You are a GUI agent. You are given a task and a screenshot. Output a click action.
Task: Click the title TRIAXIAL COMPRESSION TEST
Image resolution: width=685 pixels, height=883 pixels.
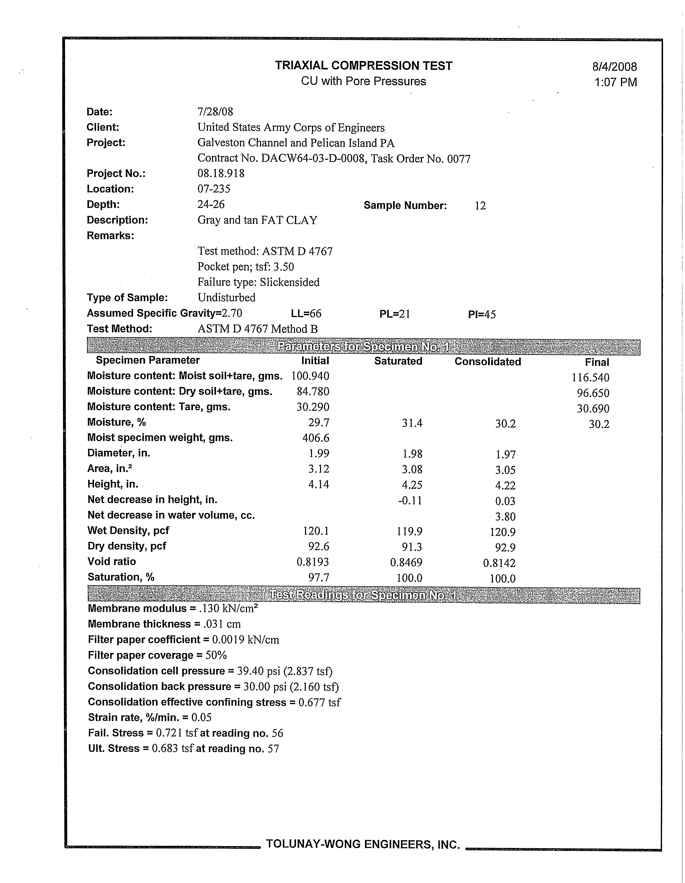click(364, 66)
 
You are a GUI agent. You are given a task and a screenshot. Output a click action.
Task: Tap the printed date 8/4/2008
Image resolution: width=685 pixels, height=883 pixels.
click(614, 67)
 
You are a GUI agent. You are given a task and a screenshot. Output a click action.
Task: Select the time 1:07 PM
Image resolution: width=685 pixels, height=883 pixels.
click(615, 82)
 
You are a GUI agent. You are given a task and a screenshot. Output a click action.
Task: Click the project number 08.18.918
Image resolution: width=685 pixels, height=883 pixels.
click(221, 173)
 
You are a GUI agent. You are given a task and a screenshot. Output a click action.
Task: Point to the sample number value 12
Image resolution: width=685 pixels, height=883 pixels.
click(480, 206)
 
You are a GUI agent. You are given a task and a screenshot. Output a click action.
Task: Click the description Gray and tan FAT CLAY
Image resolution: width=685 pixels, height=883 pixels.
click(257, 220)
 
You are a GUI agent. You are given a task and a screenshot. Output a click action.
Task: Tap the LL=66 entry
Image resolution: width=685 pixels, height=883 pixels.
click(306, 314)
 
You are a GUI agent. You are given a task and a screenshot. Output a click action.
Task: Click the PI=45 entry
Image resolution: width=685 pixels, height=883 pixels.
click(482, 315)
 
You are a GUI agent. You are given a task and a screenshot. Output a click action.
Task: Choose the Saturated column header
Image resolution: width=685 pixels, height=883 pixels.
click(398, 361)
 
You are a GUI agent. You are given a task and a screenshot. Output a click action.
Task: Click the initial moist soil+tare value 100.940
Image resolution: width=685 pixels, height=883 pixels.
click(310, 376)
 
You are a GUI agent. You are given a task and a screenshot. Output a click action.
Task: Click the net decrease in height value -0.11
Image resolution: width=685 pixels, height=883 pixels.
click(410, 501)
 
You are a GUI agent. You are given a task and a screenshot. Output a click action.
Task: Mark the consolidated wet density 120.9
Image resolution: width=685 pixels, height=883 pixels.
click(503, 532)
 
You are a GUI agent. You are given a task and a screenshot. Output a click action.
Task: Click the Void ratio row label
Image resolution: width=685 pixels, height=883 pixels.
click(112, 562)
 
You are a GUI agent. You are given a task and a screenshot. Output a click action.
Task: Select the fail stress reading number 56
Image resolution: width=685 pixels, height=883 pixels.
click(277, 733)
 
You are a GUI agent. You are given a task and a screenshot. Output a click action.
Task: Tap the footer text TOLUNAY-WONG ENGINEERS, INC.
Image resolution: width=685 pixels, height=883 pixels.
click(363, 844)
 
